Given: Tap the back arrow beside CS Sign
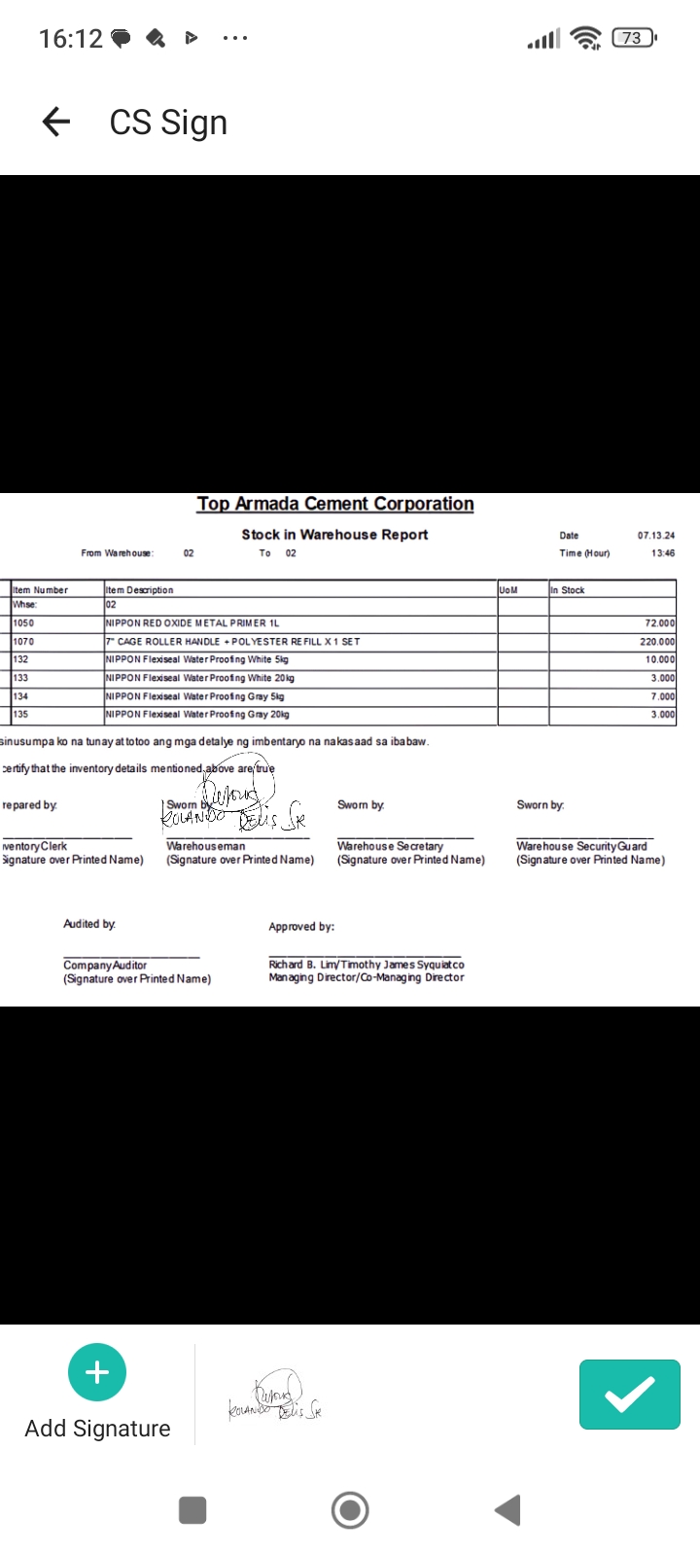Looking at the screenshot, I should pyautogui.click(x=56, y=122).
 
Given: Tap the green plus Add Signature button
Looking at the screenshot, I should pyautogui.click(x=97, y=1372).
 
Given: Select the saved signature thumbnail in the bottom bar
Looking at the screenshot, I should pyautogui.click(x=275, y=1397).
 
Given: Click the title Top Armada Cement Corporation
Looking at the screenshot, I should pyautogui.click(x=335, y=504).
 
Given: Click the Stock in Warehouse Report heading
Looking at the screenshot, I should pyautogui.click(x=334, y=534).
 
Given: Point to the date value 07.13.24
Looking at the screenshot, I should pyautogui.click(x=656, y=536).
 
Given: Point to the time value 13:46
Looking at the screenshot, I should pyautogui.click(x=663, y=553).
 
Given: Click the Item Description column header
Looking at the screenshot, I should pyautogui.click(x=140, y=589).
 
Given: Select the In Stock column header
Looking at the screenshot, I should pyautogui.click(x=568, y=589).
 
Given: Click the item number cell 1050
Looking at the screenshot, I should pyautogui.click(x=23, y=623).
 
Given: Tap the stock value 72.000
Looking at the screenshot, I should pyautogui.click(x=659, y=623).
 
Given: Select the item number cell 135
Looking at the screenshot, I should pyautogui.click(x=20, y=714).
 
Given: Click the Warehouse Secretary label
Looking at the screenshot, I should pyautogui.click(x=390, y=846).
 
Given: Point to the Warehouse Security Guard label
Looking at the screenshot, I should pyautogui.click(x=581, y=846).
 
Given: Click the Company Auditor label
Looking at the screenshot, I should pyautogui.click(x=105, y=965).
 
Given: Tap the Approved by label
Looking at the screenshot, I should pyautogui.click(x=301, y=927).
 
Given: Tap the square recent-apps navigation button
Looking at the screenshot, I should pyautogui.click(x=192, y=1510).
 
